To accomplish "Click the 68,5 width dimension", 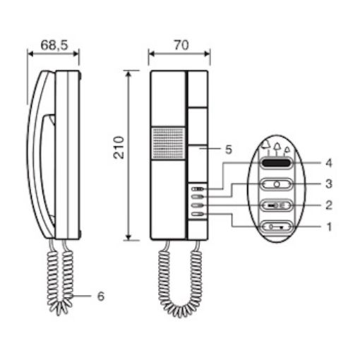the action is [x=54, y=45].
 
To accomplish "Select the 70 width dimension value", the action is [x=181, y=45].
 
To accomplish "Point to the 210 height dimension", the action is [x=119, y=148].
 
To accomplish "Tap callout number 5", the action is [x=229, y=150].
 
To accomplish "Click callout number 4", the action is [x=329, y=163].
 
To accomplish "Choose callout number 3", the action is [x=329, y=184].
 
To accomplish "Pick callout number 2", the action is [x=329, y=205].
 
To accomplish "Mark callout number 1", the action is [x=329, y=227].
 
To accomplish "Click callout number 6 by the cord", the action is [x=101, y=296].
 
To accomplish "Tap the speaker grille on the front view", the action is [x=168, y=143].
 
